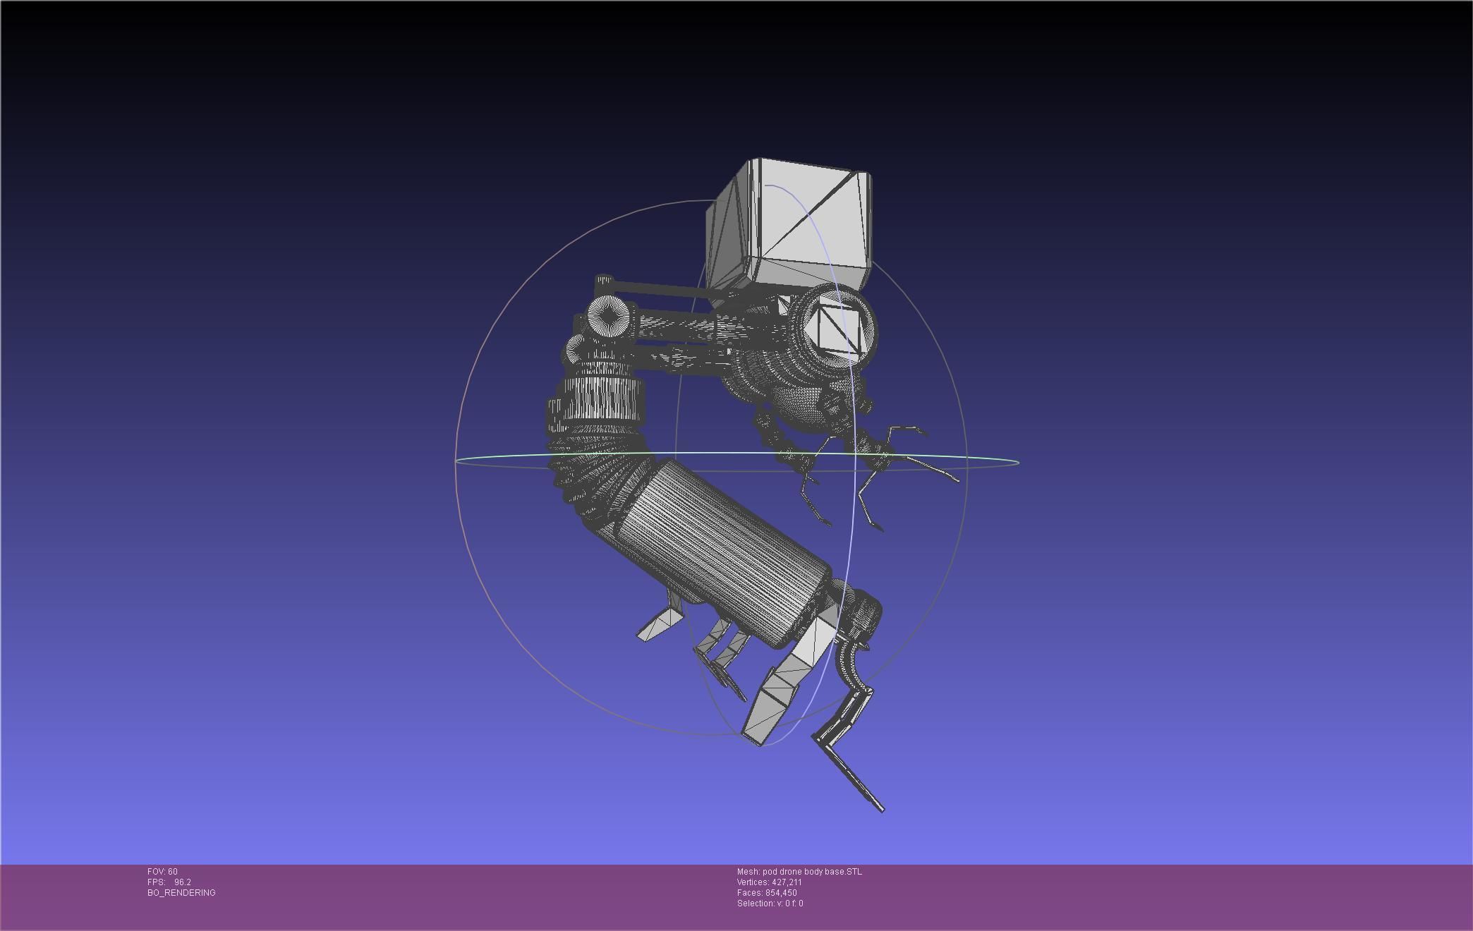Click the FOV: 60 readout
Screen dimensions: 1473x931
click(162, 872)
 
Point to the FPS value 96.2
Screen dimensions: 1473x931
click(183, 882)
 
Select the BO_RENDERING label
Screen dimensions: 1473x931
click(181, 893)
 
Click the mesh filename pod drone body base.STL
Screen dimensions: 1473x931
click(812, 872)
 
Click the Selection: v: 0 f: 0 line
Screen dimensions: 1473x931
click(770, 903)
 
